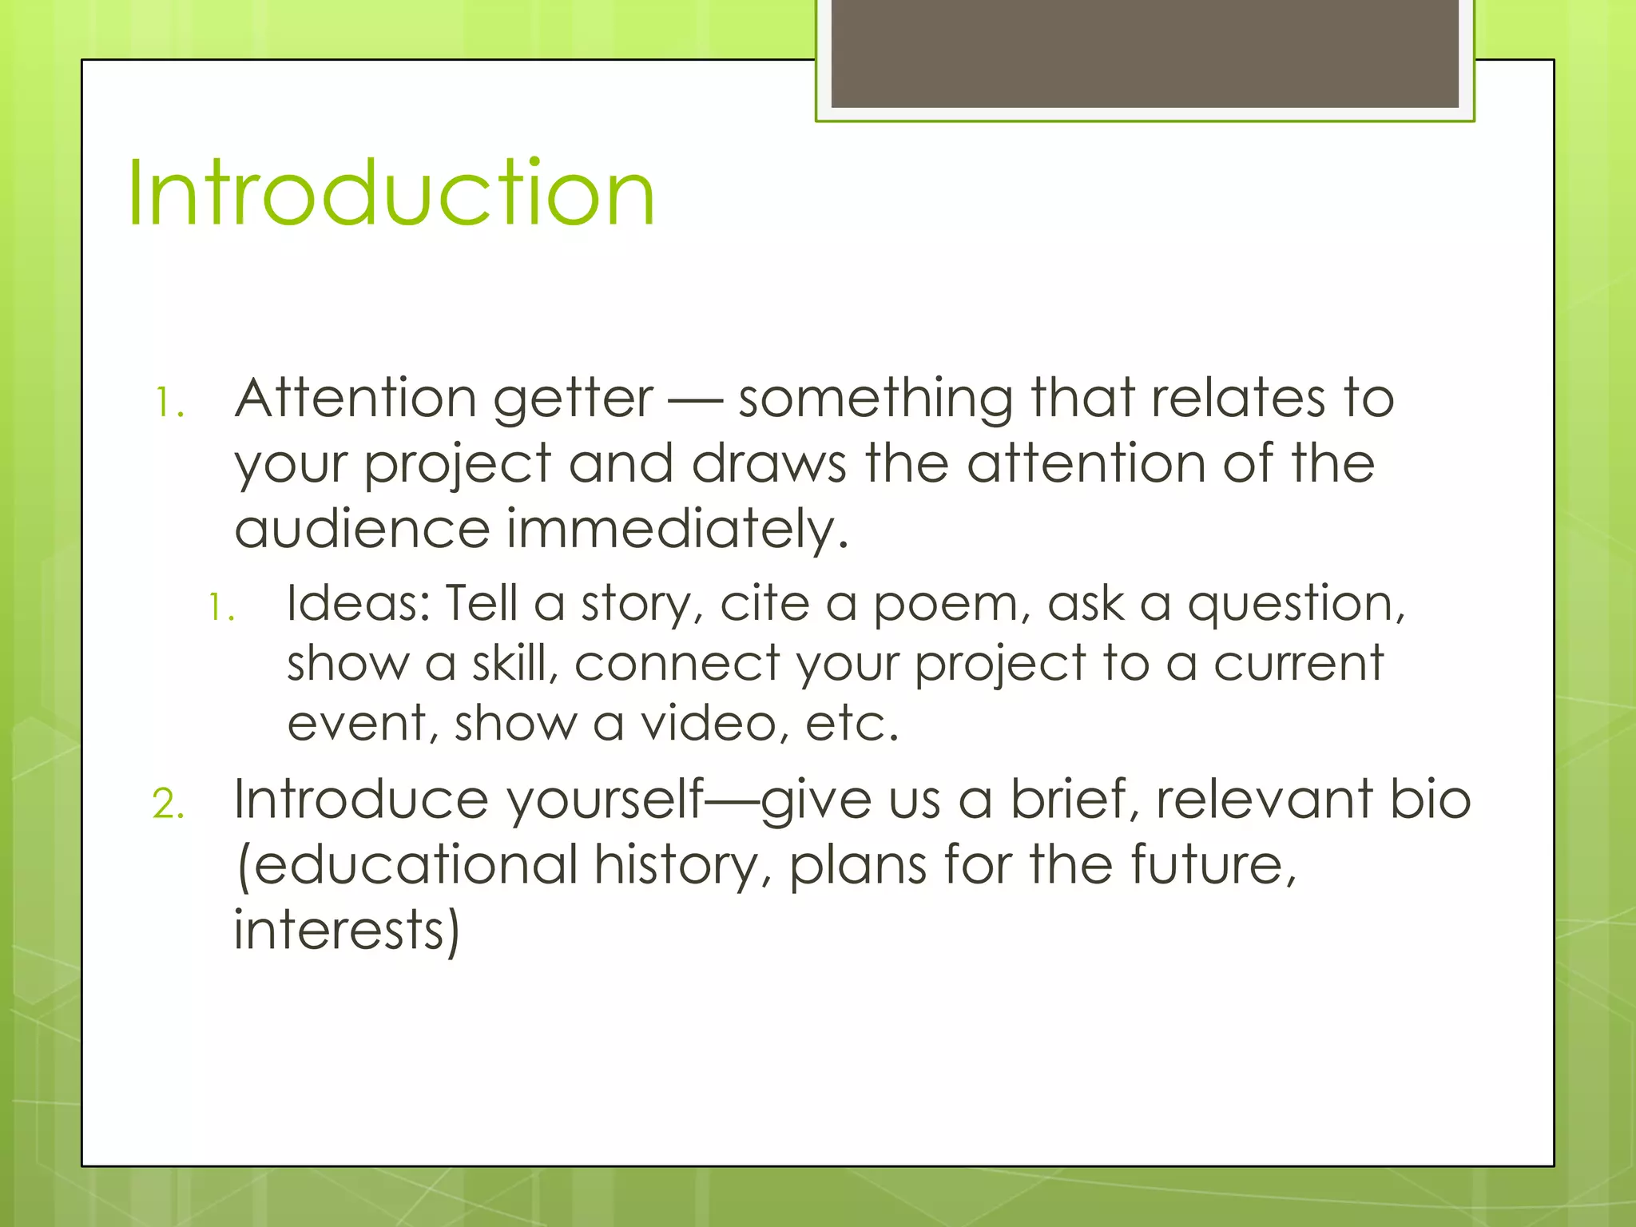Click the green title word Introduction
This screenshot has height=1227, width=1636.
click(391, 193)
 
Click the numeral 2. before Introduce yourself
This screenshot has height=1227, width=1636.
click(168, 804)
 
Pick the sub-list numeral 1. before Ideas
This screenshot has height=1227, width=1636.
click(221, 608)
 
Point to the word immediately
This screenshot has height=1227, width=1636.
click(677, 530)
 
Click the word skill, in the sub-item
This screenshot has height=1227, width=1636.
click(514, 664)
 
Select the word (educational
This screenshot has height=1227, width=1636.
click(407, 865)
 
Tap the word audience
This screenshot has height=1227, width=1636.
click(362, 530)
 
